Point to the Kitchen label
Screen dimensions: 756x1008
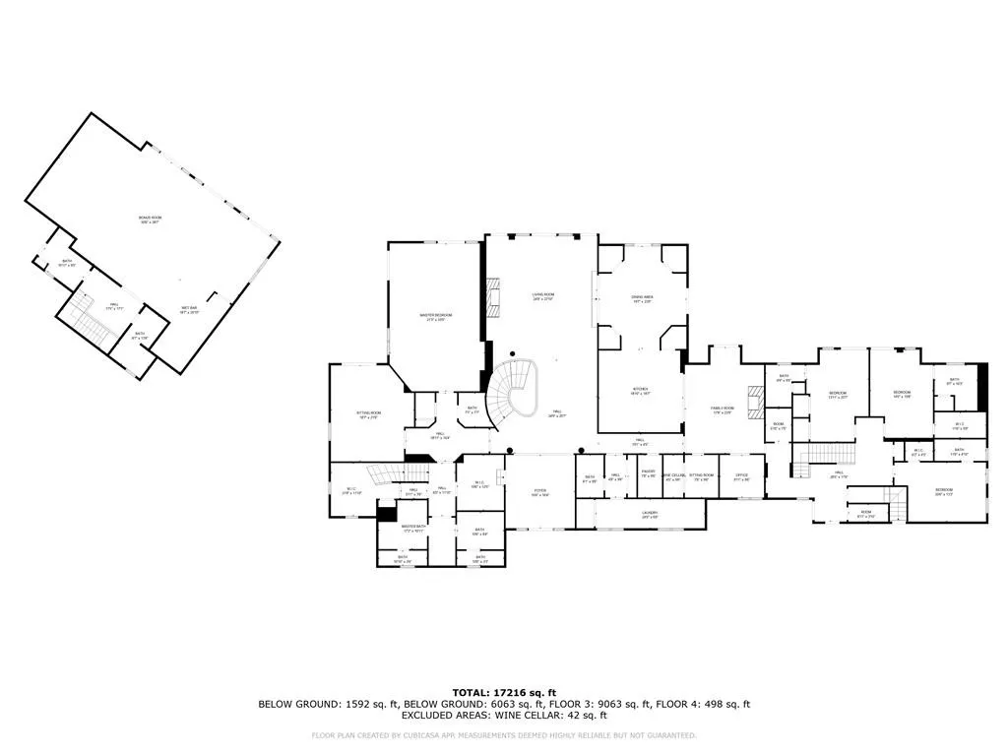point(640,390)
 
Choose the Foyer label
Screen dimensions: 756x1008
point(539,491)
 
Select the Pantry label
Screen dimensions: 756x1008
point(649,473)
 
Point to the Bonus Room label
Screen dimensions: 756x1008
point(150,219)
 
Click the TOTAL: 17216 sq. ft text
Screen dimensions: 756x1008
point(503,692)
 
